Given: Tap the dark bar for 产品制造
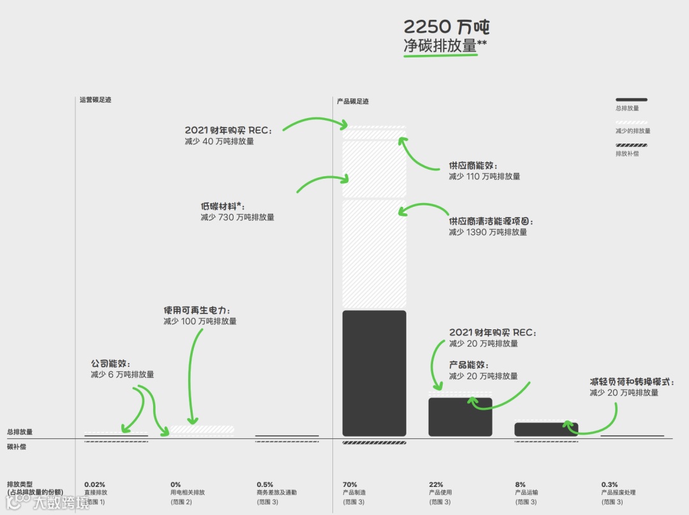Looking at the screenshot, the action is coord(374,373).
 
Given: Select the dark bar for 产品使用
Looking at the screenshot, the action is coord(460,417).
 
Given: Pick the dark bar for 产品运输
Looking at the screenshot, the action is coord(546,429).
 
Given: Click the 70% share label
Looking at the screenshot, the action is coord(350,485).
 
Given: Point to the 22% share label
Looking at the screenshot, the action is coord(436,485).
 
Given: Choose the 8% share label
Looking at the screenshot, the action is coord(520,485).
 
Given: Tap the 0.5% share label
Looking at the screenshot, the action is coord(265,485).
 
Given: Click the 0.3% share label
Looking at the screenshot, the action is coord(609,485).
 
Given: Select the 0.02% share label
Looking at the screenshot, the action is coord(94,485).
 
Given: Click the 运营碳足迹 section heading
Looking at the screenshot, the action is coord(95,100).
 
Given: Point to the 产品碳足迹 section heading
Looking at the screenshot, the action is coord(353,101).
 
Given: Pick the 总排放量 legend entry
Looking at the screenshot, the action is coord(628,108).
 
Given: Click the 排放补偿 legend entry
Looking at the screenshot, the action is coord(628,154).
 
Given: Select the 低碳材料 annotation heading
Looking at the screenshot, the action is coord(223,206).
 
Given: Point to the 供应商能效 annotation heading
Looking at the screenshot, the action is coord(473,165).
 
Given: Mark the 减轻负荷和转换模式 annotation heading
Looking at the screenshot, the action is coord(639,382).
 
